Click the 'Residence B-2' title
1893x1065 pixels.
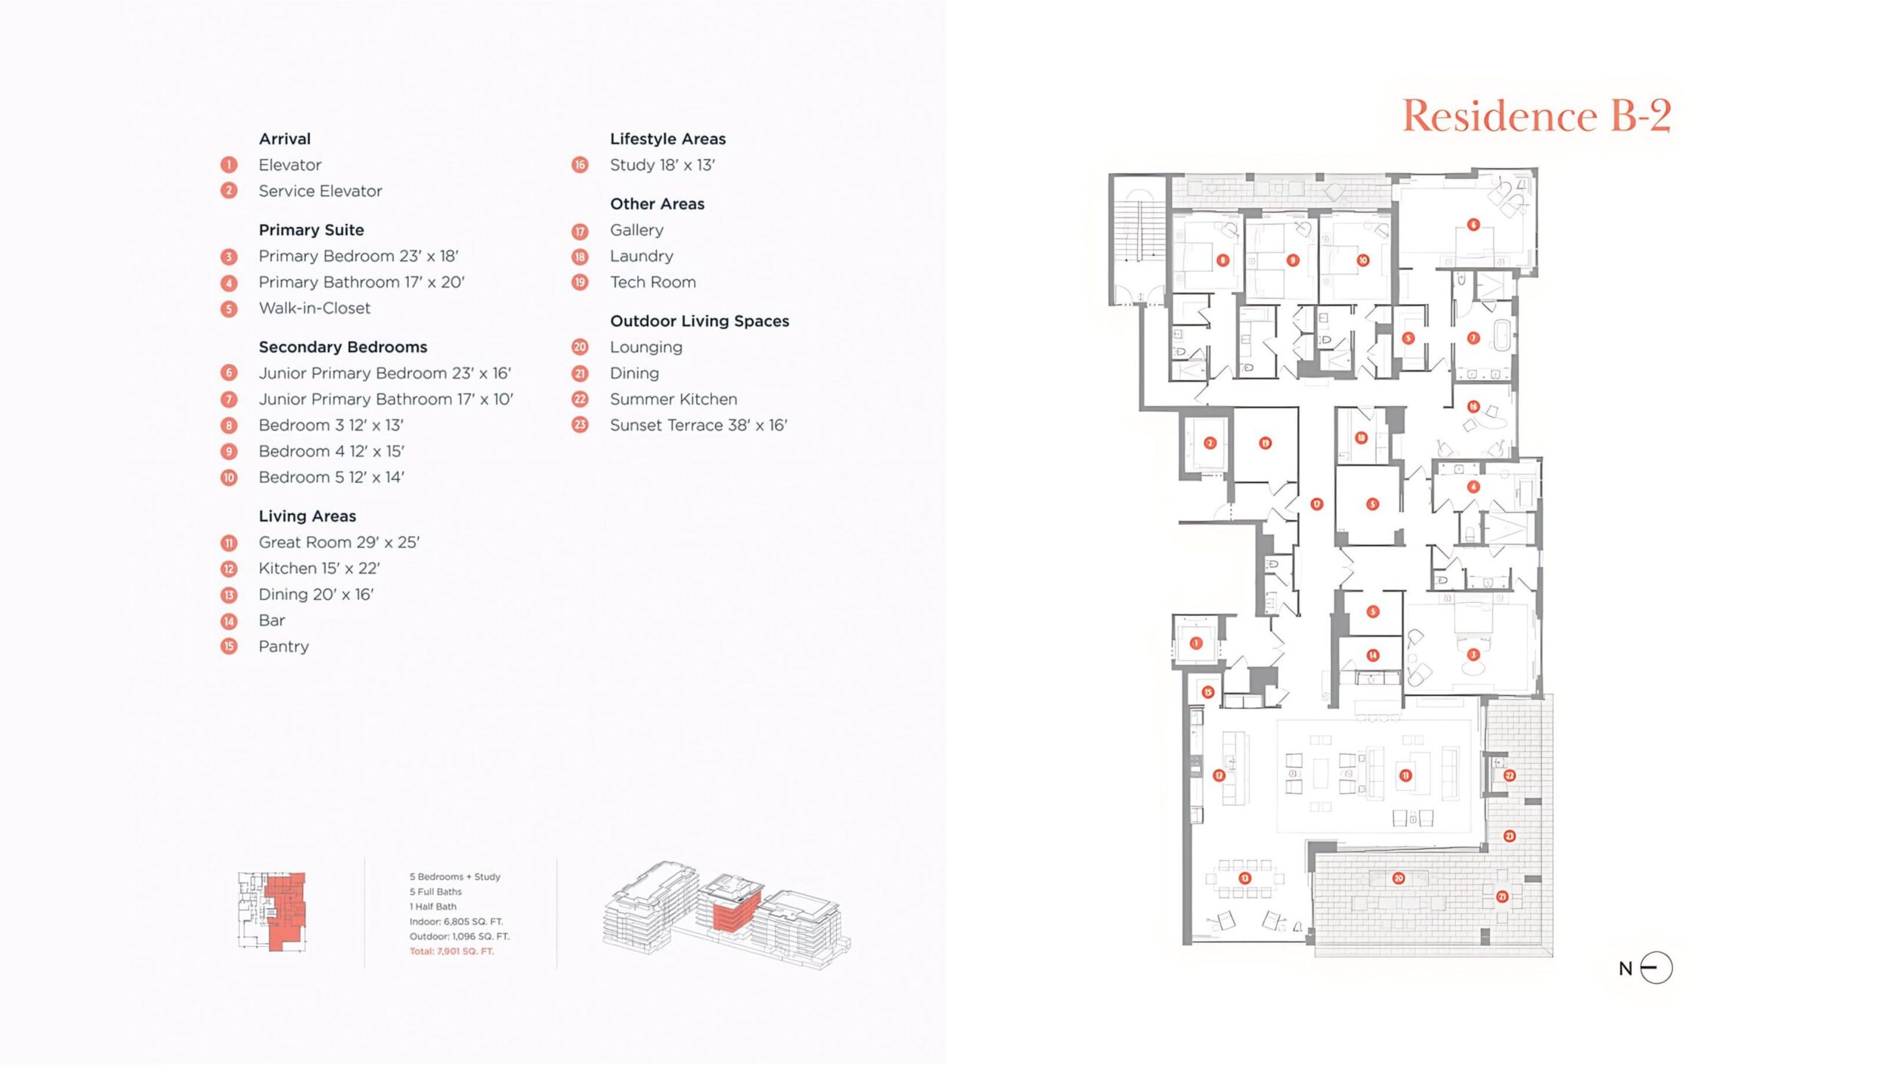(1536, 116)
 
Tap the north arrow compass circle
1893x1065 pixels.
(1656, 967)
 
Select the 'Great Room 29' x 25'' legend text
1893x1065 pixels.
(339, 542)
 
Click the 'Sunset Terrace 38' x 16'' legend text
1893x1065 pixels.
(698, 425)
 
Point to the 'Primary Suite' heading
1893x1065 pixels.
(311, 230)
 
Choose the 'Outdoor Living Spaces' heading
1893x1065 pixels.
(699, 321)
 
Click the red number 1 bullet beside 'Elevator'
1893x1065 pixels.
(229, 165)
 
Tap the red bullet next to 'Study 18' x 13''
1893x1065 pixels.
(580, 165)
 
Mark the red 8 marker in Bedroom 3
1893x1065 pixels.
(1223, 260)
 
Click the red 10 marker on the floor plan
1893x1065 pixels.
(1363, 260)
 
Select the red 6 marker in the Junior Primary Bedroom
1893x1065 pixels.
(1474, 225)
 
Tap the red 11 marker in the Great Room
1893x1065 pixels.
(1406, 775)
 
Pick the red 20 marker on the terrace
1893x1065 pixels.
(1398, 879)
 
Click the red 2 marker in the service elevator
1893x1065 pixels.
(1210, 443)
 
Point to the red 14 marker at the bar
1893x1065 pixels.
(1373, 655)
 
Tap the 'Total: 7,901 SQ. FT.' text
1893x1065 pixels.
(452, 951)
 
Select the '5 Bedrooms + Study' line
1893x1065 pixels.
(455, 876)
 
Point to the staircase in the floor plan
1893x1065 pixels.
(1138, 229)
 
